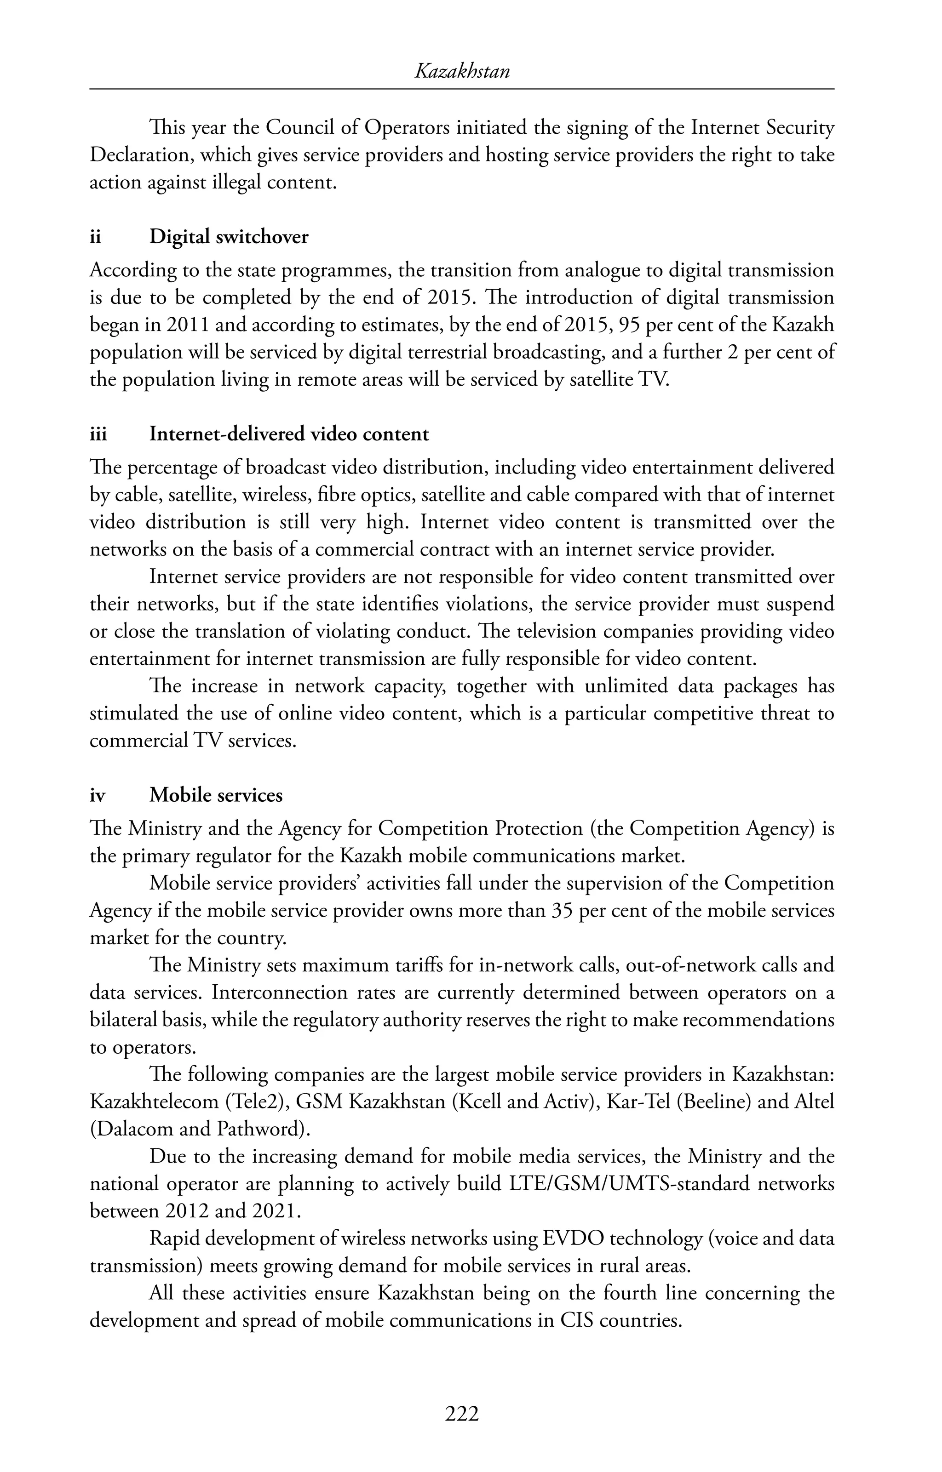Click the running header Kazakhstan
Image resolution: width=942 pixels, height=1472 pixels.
(x=462, y=72)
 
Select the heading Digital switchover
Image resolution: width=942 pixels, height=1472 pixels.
(x=229, y=237)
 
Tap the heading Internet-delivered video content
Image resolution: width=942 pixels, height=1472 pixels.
(x=289, y=434)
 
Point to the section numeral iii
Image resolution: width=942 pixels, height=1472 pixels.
(x=98, y=434)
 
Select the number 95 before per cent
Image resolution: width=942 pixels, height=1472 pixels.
(x=630, y=325)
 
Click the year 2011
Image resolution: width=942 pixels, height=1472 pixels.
(x=187, y=325)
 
